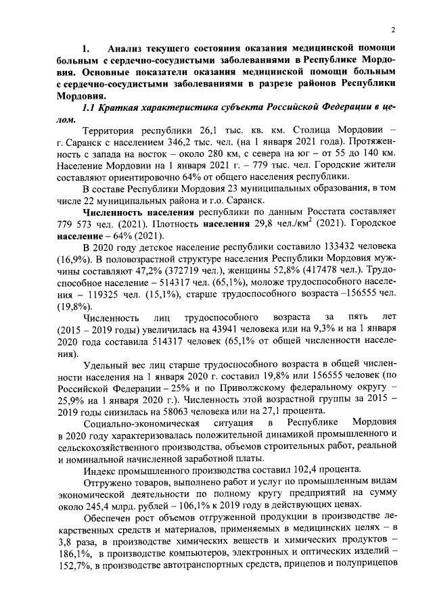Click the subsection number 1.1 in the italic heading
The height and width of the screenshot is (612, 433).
(x=89, y=108)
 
